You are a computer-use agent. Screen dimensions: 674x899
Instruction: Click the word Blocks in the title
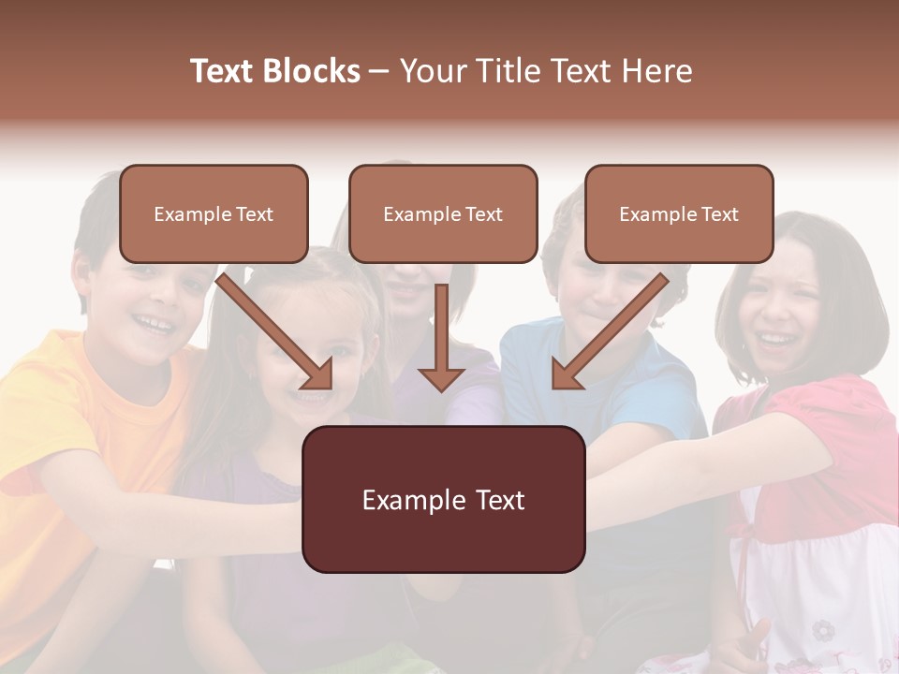(x=311, y=71)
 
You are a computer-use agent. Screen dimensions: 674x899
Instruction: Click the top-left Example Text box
(x=214, y=214)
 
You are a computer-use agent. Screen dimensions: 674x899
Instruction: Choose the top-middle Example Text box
(x=443, y=214)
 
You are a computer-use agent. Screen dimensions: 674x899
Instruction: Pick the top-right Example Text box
(x=679, y=214)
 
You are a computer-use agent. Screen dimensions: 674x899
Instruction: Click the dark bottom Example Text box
(x=443, y=499)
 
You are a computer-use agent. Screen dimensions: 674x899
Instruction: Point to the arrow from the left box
(x=277, y=332)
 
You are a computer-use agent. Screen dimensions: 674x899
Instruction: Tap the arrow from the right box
(x=608, y=332)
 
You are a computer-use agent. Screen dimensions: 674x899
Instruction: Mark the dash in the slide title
(x=379, y=71)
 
